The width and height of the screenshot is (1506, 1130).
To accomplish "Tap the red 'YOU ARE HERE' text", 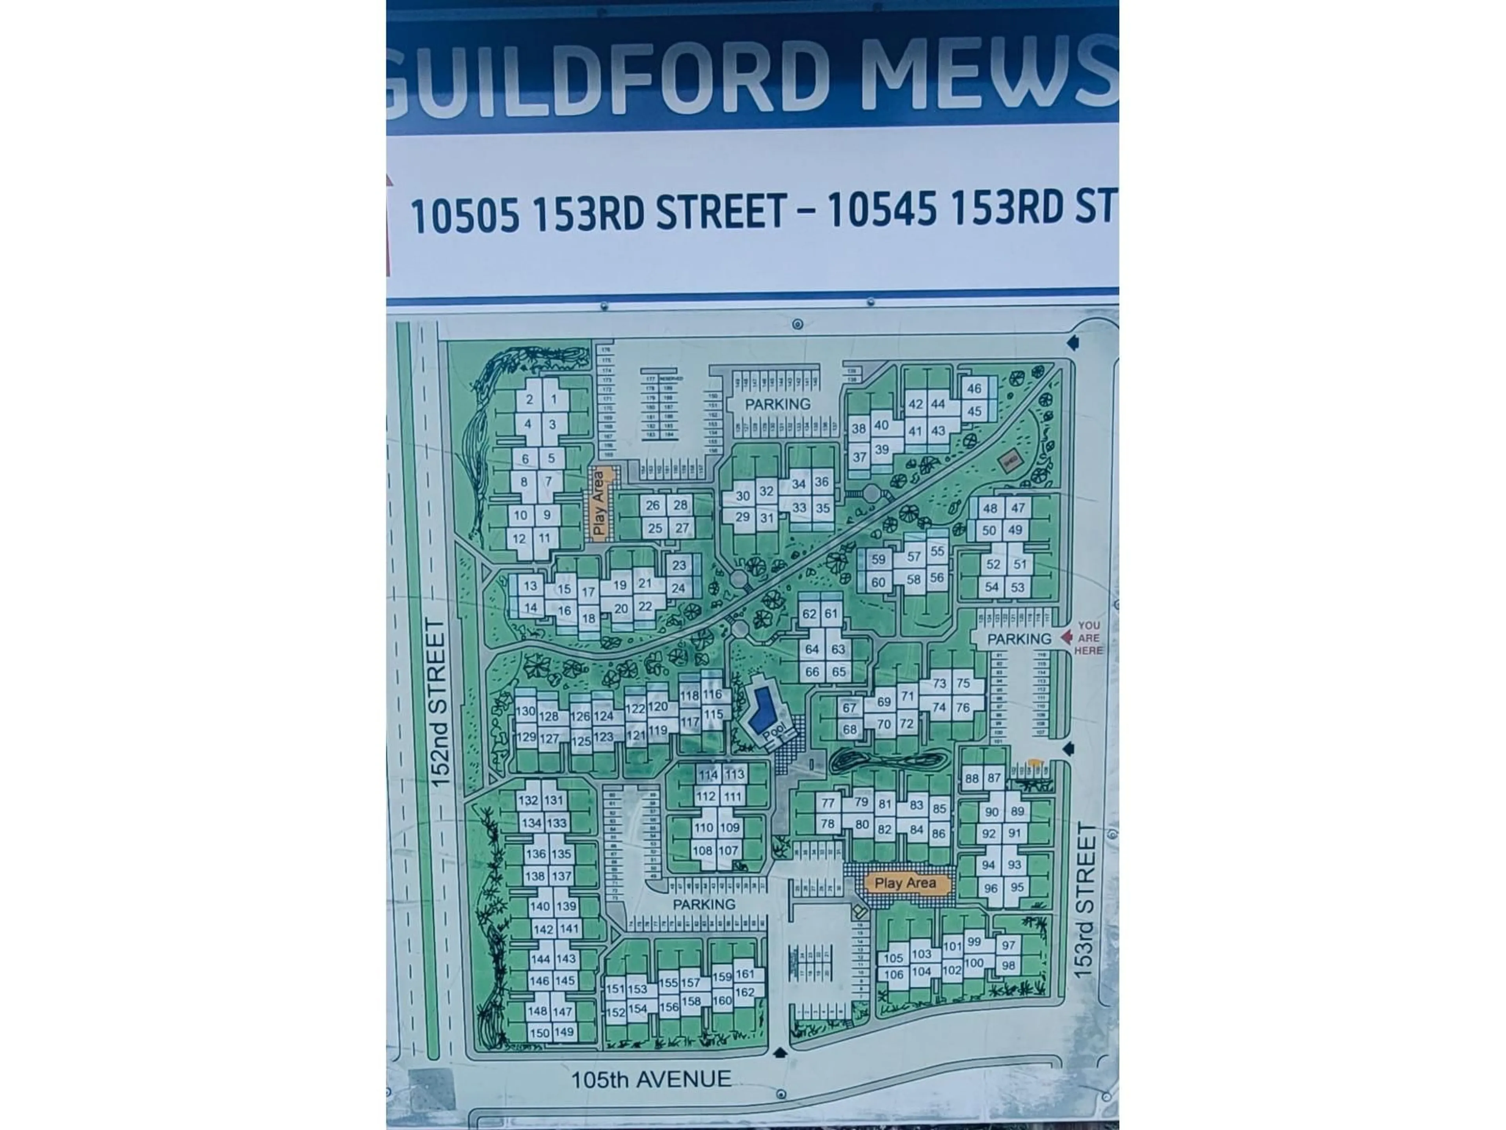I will pyautogui.click(x=1088, y=638).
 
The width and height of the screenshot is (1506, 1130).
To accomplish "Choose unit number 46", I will pyautogui.click(x=974, y=389).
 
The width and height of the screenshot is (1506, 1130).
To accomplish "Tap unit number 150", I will pyautogui.click(x=539, y=1033).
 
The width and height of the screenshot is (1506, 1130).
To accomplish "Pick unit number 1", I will pyautogui.click(x=553, y=400).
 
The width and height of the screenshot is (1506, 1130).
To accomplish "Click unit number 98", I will pyautogui.click(x=1008, y=965).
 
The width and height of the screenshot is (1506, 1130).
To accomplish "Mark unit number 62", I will pyautogui.click(x=809, y=614).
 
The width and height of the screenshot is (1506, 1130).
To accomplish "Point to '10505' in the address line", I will pyautogui.click(x=465, y=215).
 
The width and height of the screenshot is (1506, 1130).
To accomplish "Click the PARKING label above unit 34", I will pyautogui.click(x=777, y=404).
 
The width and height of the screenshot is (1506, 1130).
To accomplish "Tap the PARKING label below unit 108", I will pyautogui.click(x=704, y=904).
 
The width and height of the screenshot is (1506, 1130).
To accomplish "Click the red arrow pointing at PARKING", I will pyautogui.click(x=1067, y=637).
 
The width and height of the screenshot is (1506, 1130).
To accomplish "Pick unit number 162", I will pyautogui.click(x=745, y=992).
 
